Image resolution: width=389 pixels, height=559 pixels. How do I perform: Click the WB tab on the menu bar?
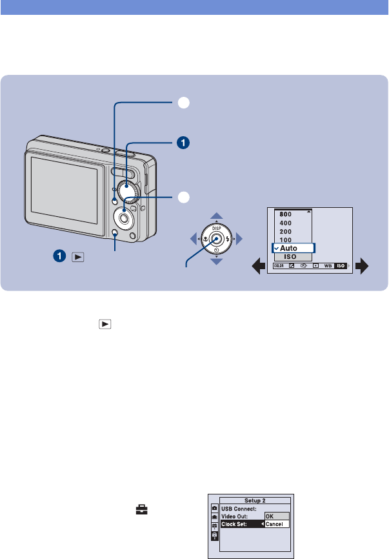pos(327,265)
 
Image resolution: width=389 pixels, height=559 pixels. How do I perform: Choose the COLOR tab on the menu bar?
pos(279,265)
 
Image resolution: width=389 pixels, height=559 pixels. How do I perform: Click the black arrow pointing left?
pos(255,267)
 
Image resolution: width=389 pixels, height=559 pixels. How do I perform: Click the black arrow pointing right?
pos(365,267)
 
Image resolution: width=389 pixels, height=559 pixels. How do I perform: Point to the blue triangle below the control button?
pos(217,261)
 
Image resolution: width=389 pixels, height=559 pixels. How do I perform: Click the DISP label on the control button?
pos(217,227)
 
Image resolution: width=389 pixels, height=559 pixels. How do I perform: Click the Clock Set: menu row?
pos(235,524)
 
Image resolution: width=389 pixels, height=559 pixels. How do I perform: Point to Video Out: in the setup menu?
pos(235,516)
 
